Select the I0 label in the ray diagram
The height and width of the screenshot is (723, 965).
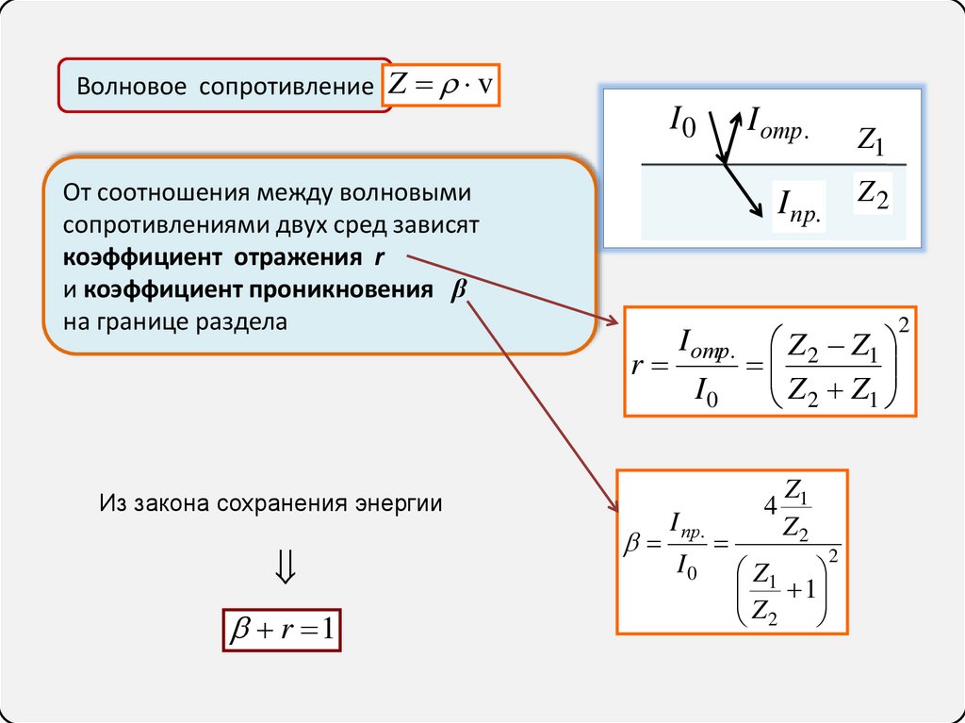point(681,121)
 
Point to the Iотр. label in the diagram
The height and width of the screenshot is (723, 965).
point(777,121)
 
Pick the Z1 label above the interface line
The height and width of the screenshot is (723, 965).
point(871,142)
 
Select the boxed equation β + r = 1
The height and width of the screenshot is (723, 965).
point(281,629)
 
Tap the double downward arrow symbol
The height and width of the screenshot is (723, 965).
point(285,566)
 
